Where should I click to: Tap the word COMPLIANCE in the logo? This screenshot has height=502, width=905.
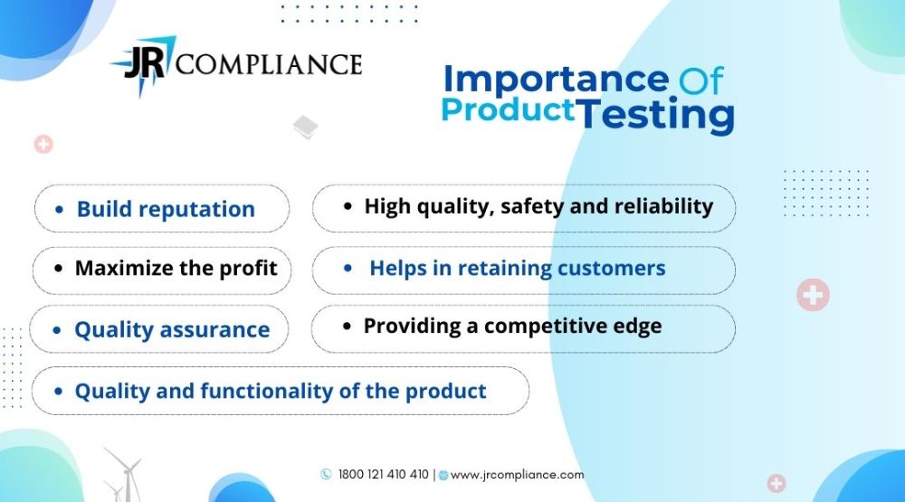click(x=269, y=64)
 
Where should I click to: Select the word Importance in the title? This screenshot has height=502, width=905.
click(x=556, y=79)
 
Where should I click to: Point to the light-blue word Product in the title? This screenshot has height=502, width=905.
click(x=508, y=109)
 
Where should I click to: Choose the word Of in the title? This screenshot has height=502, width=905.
click(x=700, y=81)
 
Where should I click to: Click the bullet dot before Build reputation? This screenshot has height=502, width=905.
click(x=60, y=210)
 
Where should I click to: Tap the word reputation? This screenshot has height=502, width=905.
click(x=196, y=210)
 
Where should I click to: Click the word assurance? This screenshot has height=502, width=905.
click(x=214, y=329)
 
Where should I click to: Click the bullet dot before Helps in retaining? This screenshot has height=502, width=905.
click(x=348, y=268)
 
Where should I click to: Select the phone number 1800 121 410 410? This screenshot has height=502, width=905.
click(x=383, y=474)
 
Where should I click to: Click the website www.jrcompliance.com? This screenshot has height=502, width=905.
click(x=517, y=475)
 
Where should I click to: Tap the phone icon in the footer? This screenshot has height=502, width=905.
click(x=326, y=474)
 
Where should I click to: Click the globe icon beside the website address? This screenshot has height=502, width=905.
click(x=443, y=476)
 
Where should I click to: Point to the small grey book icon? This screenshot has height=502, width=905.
click(x=305, y=127)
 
